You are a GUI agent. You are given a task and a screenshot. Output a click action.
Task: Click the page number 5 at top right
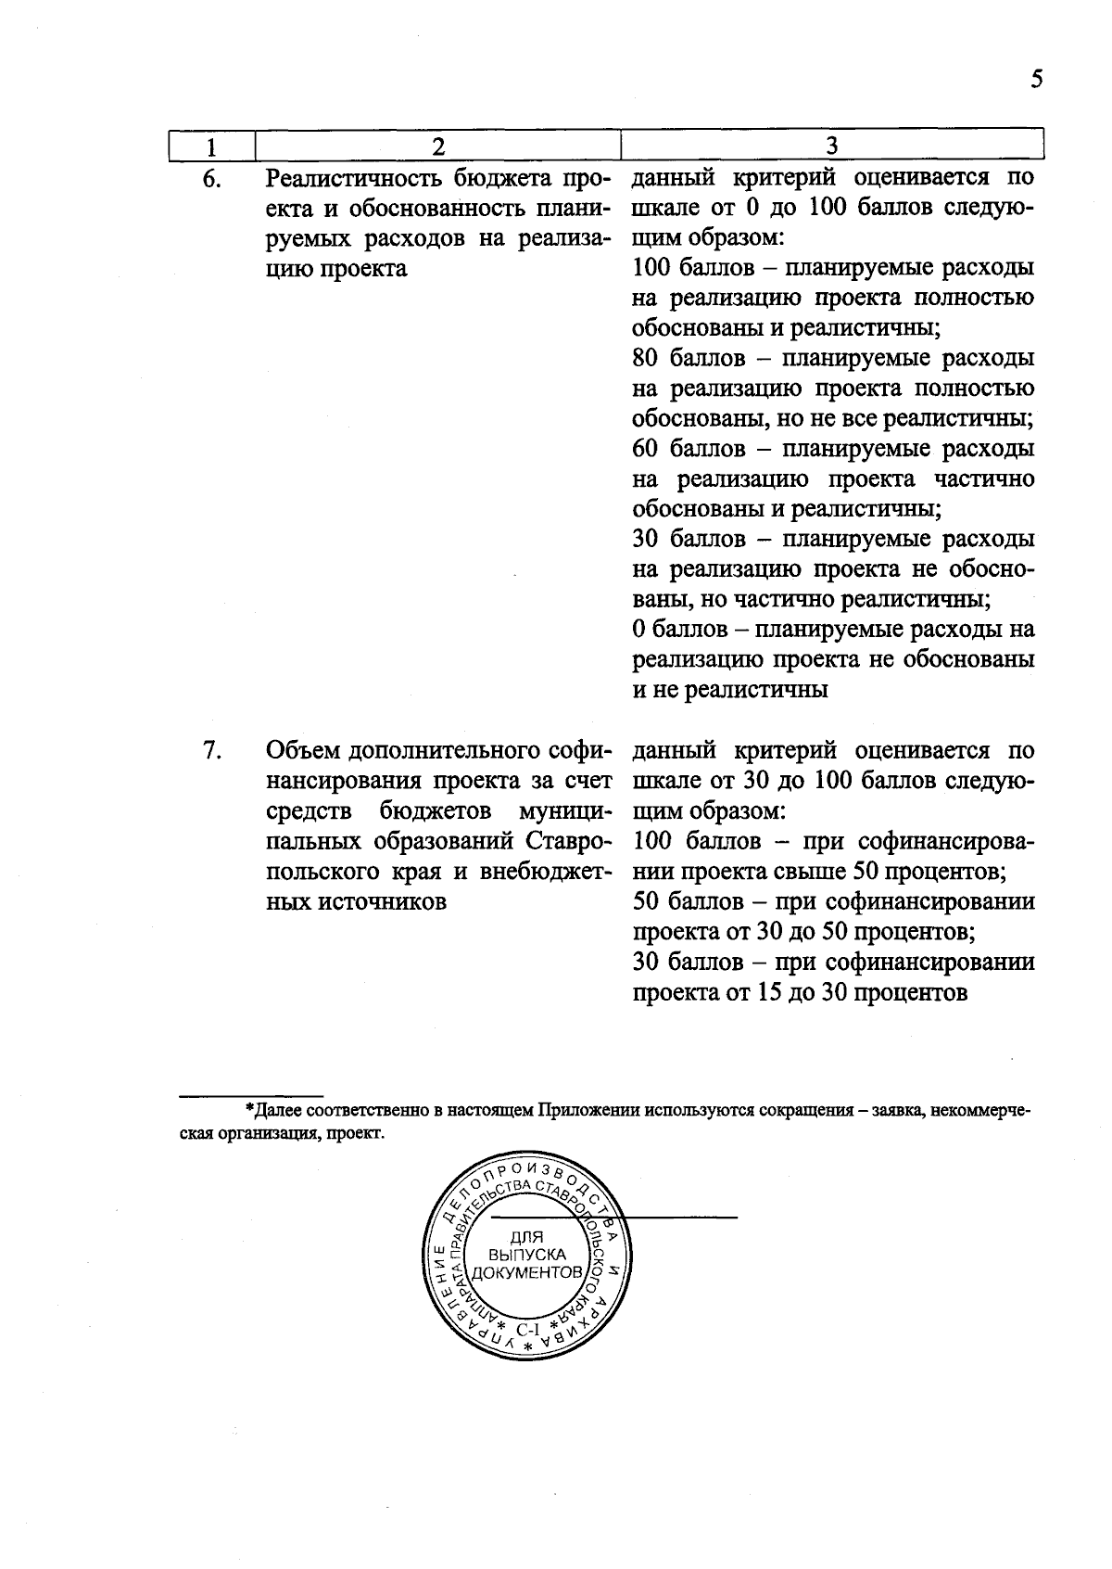tap(1036, 79)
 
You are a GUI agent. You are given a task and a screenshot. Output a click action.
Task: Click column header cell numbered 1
tap(211, 147)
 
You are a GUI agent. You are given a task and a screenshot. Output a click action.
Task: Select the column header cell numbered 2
tap(437, 147)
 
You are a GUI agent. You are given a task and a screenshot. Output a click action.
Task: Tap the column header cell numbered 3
tap(831, 147)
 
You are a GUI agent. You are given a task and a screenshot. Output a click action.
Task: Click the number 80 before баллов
tap(646, 359)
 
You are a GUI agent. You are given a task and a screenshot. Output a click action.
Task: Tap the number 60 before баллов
tap(646, 450)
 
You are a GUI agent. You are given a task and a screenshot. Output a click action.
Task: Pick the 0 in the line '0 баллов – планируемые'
tap(638, 630)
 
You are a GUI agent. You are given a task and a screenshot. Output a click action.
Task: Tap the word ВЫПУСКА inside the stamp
tap(526, 1255)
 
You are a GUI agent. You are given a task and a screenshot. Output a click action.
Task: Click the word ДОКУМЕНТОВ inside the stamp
tap(526, 1272)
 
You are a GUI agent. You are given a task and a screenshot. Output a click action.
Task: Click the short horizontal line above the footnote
tap(250, 1095)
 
